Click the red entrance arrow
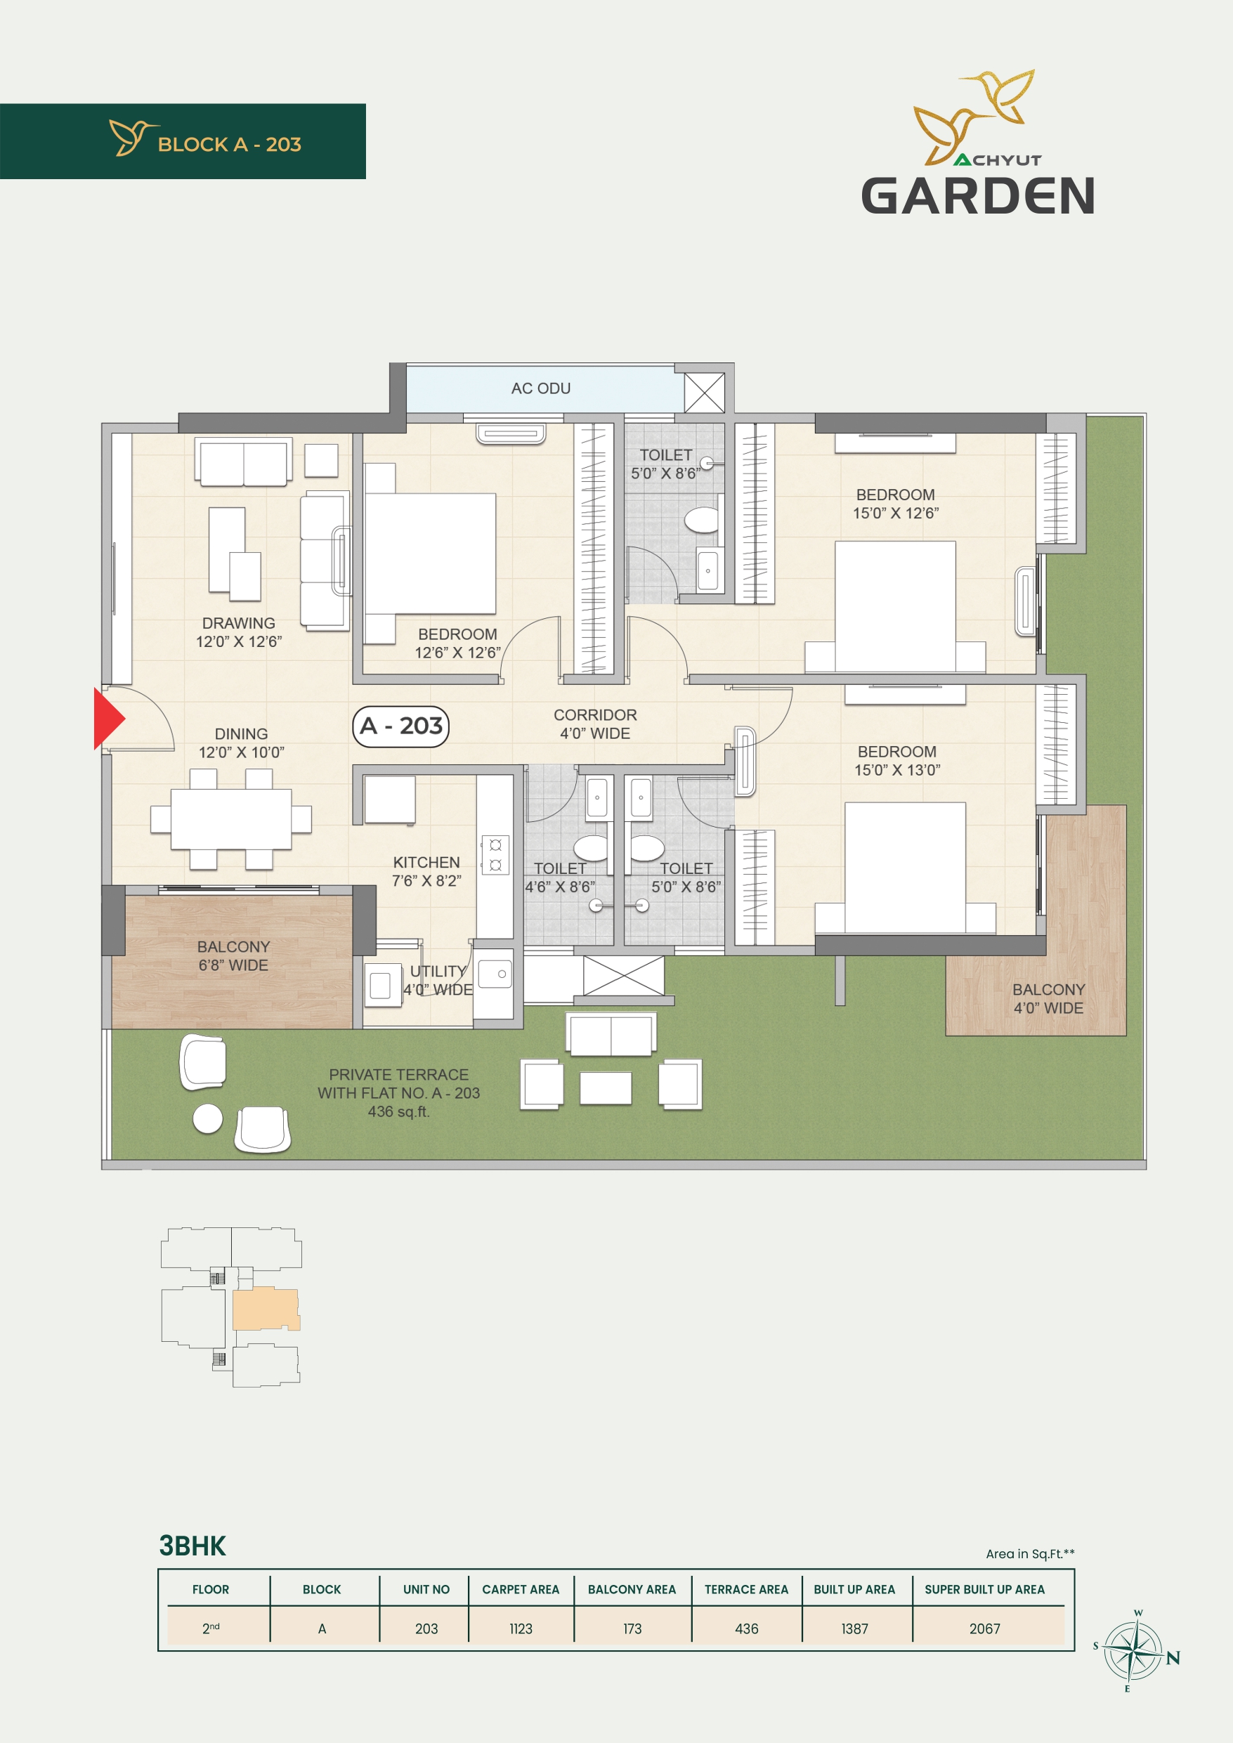click(107, 718)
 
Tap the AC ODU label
click(540, 388)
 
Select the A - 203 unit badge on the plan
click(401, 726)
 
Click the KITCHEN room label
click(426, 863)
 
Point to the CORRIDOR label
click(595, 715)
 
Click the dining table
click(231, 819)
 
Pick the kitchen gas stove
click(495, 855)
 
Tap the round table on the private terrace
click(207, 1118)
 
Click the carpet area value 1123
click(521, 1628)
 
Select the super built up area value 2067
click(985, 1628)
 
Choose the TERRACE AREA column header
click(746, 1589)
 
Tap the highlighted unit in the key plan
click(265, 1309)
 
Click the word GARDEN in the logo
click(978, 196)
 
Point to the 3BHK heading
click(192, 1546)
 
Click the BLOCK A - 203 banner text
click(229, 144)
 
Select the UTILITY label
click(438, 971)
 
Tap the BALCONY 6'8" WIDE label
click(233, 955)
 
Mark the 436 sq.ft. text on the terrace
click(398, 1111)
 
